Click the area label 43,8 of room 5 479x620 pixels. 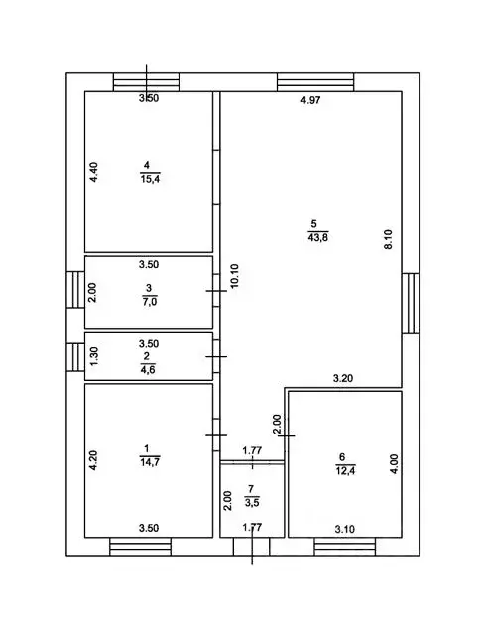coord(317,238)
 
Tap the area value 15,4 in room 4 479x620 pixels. coord(150,179)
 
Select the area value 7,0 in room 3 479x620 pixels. coord(150,302)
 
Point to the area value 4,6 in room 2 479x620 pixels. coord(148,370)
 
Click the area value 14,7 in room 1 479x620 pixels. coord(150,462)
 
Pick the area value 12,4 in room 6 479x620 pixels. coord(345,470)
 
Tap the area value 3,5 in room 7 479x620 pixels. coord(252,503)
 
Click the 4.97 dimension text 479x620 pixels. coord(310,100)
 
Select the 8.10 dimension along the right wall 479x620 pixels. coord(388,239)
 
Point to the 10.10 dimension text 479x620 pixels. coord(234,276)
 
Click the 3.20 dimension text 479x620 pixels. coord(343,378)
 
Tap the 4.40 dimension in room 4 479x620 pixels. coord(93,172)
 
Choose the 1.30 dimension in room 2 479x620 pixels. coord(94,356)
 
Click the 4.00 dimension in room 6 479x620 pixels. coord(394,464)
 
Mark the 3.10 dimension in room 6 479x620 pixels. coord(345,529)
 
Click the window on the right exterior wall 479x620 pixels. coord(411,304)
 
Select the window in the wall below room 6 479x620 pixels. coord(345,547)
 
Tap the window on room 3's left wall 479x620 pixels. coord(75,290)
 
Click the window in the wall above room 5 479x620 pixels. coord(315,82)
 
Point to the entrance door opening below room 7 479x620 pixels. coord(251,547)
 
